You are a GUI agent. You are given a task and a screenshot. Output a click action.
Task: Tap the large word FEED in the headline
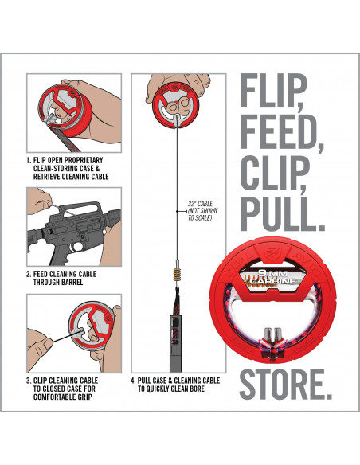coord(280,131)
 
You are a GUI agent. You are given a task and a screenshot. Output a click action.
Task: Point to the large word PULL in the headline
coord(282,212)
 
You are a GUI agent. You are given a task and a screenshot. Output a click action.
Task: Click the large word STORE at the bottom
coord(285,385)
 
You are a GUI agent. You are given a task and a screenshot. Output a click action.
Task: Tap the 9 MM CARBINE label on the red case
coord(273,276)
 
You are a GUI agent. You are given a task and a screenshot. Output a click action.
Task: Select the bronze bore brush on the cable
coord(178,275)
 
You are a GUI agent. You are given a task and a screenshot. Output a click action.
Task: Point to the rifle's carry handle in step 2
coord(78,208)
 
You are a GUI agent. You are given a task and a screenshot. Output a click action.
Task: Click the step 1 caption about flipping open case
coord(68,169)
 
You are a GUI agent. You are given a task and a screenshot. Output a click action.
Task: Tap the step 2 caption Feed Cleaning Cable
coord(61,278)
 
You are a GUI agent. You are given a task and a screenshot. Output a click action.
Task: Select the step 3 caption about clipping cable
coord(62,389)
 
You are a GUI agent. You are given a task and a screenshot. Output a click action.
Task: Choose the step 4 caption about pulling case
coord(175,385)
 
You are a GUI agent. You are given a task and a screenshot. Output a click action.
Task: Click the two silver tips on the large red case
coord(273,334)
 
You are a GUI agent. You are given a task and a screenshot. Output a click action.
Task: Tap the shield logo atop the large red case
coord(272,253)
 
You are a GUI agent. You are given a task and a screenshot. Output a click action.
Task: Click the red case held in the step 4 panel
coord(175,106)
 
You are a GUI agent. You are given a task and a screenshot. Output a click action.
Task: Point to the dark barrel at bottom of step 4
coord(175,343)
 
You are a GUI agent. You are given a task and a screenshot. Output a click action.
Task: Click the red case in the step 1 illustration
coord(65,111)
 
